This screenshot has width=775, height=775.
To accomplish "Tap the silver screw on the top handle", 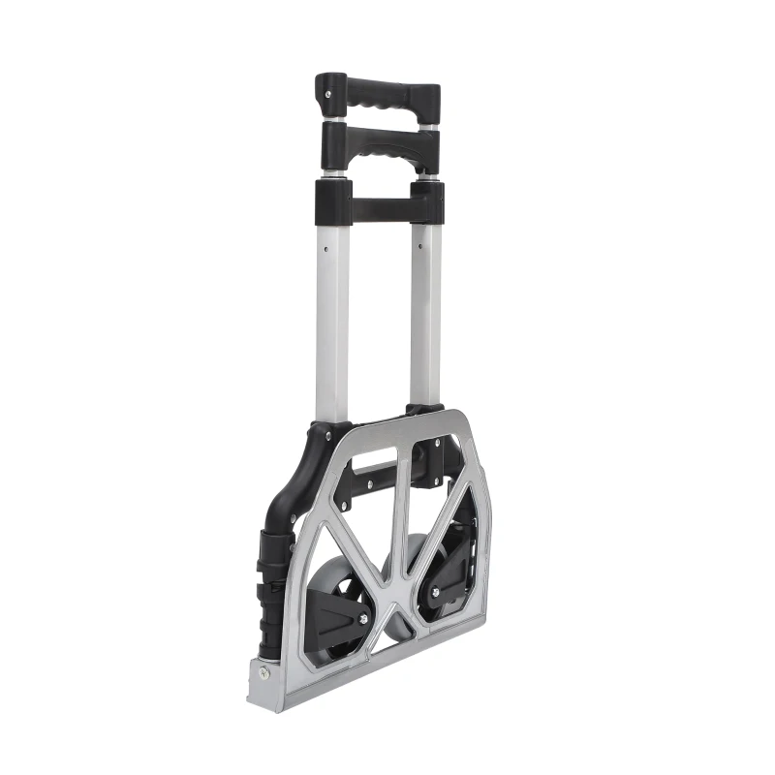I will [330, 94].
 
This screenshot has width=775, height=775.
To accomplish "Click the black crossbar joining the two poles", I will [380, 206].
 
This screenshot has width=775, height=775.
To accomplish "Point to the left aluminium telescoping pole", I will [331, 310].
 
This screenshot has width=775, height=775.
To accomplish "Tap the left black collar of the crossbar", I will [332, 201].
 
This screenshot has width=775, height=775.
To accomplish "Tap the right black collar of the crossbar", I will [426, 201].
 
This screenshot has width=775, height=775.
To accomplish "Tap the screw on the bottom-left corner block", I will [264, 672].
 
